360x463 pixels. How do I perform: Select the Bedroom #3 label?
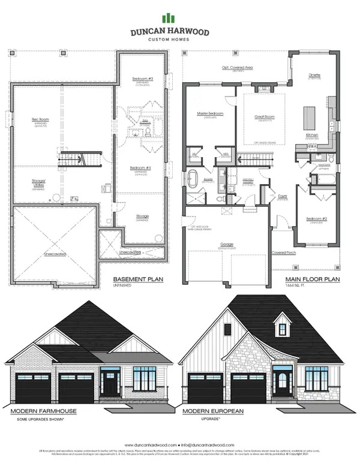pyautogui.click(x=142, y=79)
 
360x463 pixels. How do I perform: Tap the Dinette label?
pyautogui.click(x=314, y=76)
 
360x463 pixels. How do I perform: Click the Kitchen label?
pyautogui.click(x=313, y=136)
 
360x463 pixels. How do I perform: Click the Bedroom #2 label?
pyautogui.click(x=316, y=219)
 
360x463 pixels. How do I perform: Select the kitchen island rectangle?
pyautogui.click(x=310, y=115)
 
